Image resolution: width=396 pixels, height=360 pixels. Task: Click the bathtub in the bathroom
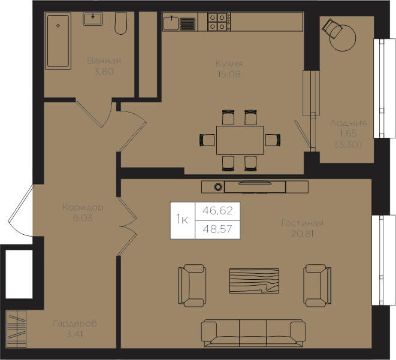pos(58,41)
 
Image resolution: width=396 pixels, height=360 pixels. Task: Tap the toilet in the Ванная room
pos(121,23)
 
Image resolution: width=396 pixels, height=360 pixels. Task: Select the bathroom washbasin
pos(93,19)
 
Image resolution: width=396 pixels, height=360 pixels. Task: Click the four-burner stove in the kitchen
pos(219,22)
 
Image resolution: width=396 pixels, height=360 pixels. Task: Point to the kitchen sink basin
pos(171,23)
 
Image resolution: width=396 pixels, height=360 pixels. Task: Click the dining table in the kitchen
pos(240,140)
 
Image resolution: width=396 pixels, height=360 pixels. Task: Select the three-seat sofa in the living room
pos(253,333)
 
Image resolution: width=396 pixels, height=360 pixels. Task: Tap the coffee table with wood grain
pos(255,281)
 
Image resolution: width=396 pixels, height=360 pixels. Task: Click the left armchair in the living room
pos(192,286)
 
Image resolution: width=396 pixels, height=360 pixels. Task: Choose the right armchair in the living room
pos(318,286)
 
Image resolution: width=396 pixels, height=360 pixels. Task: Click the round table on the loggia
pos(343,38)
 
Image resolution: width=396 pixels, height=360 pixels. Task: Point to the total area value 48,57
pos(217,229)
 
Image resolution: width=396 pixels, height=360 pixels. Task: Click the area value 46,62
pos(217,210)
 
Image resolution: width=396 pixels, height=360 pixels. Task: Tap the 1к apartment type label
pos(182,219)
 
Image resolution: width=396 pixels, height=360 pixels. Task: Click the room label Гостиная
pos(303,223)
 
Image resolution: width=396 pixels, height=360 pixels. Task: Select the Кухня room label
pos(229,63)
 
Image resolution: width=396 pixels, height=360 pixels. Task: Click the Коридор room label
pos(83,207)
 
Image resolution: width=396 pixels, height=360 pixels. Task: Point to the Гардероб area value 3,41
pos(75,334)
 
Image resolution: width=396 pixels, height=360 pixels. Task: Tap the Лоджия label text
pos(349,123)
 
